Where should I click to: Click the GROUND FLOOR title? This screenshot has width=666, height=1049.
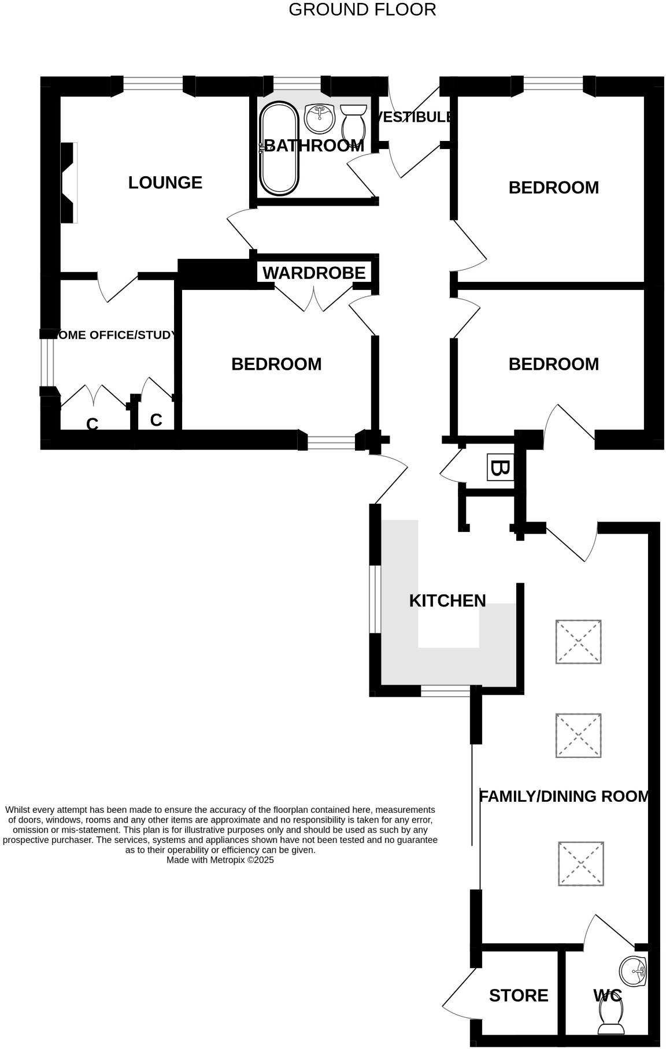click(362, 10)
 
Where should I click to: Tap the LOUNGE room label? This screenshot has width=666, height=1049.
click(165, 183)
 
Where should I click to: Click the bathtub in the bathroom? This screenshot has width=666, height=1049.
click(279, 148)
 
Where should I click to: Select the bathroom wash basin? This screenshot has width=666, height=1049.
click(320, 118)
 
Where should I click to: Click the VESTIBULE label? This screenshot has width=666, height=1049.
click(414, 117)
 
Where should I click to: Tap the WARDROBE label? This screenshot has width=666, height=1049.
click(314, 273)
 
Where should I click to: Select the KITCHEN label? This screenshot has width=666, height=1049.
click(447, 601)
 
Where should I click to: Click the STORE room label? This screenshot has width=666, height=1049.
click(518, 995)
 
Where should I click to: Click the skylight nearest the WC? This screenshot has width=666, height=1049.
click(581, 864)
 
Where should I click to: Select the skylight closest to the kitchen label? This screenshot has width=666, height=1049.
click(578, 642)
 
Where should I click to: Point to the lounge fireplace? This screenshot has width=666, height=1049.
click(69, 183)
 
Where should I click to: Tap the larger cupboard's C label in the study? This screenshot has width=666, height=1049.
click(92, 424)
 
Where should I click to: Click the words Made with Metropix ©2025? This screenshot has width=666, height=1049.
click(220, 860)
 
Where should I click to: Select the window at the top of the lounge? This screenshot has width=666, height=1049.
click(153, 85)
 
